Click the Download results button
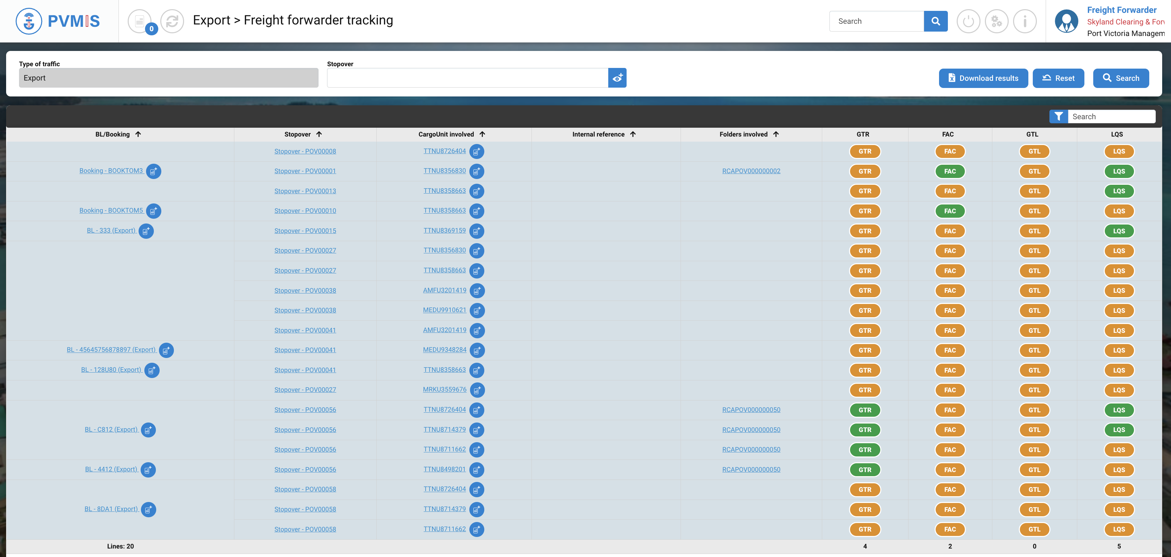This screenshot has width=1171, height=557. coord(983,78)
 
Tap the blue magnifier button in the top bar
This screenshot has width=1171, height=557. coord(936,21)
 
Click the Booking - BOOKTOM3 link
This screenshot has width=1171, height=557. coord(111,171)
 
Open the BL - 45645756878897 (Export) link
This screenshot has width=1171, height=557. coord(111,350)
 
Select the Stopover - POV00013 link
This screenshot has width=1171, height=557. coord(305,191)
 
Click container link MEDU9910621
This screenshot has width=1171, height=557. coord(444,310)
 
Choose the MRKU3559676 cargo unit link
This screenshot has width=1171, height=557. coord(444,390)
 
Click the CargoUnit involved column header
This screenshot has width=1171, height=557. coord(446,134)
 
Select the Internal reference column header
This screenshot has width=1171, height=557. coord(598,134)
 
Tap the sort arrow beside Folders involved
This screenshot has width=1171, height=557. coord(776,134)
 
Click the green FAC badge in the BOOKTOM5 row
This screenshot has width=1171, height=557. coord(950,211)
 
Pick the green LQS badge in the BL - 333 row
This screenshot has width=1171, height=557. coord(1119,231)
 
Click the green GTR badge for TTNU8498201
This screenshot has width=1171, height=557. coord(865,470)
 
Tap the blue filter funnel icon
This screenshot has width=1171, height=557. coord(1058,117)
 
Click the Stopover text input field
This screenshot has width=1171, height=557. coord(467,78)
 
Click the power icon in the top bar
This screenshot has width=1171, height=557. coord(968,21)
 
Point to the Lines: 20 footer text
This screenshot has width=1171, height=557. coord(121,546)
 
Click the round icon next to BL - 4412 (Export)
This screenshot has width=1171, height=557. coord(148,470)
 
